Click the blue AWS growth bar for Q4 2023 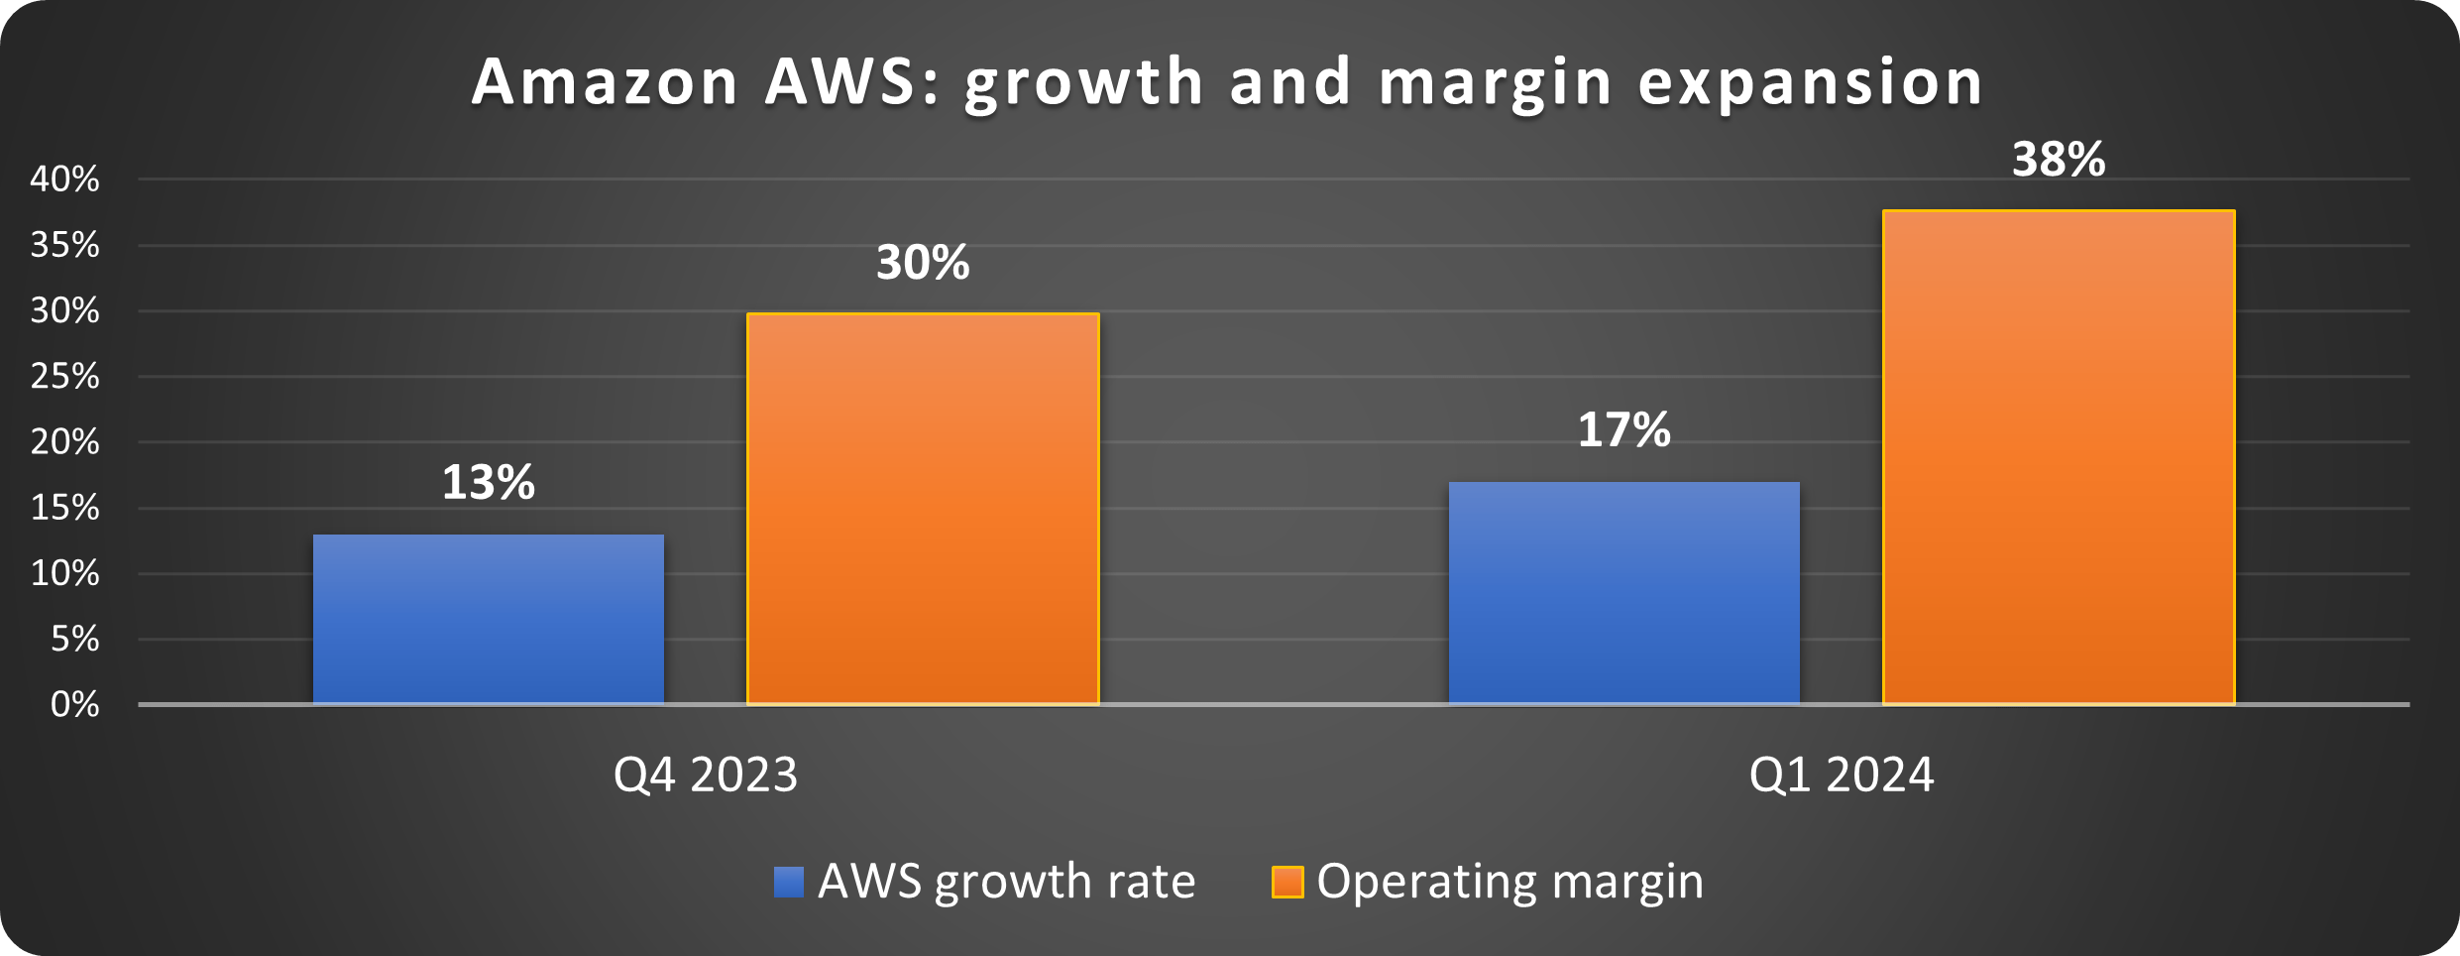[x=489, y=620]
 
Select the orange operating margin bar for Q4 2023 [x=923, y=509]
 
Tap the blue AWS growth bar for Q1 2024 [x=1623, y=593]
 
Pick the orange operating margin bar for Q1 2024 [x=2059, y=457]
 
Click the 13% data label [x=489, y=483]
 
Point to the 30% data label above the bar [x=923, y=263]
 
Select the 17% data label [x=1623, y=430]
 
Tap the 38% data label [x=2059, y=160]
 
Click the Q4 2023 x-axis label [x=705, y=775]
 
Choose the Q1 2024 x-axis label [x=1841, y=775]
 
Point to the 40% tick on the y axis [x=65, y=179]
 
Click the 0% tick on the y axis [x=74, y=704]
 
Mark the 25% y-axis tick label [x=65, y=377]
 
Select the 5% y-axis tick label [x=74, y=640]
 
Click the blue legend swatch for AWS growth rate [x=789, y=882]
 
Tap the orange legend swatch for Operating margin [x=1287, y=882]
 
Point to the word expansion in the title [x=1810, y=81]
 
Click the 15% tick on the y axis [x=65, y=508]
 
